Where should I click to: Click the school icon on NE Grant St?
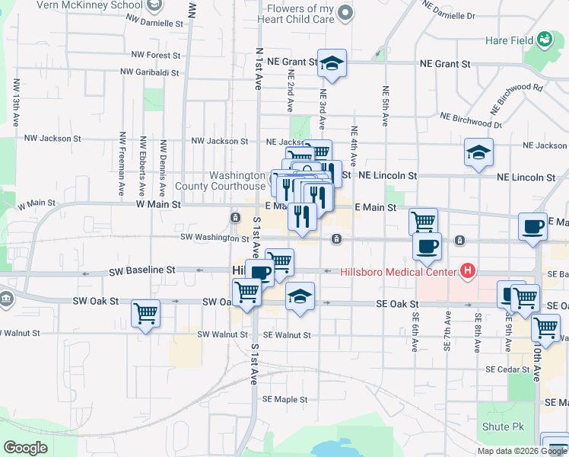click(x=332, y=65)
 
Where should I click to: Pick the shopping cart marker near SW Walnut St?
click(x=145, y=312)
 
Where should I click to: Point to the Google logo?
click(x=25, y=448)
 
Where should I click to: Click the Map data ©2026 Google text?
click(x=522, y=450)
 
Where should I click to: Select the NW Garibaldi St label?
click(x=149, y=73)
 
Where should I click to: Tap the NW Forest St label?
click(x=155, y=55)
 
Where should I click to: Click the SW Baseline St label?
click(x=142, y=270)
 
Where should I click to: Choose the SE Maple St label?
click(x=284, y=399)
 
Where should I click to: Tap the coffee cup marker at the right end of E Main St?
click(x=532, y=227)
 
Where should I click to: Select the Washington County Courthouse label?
click(x=220, y=180)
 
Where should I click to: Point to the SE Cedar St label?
click(x=507, y=369)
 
